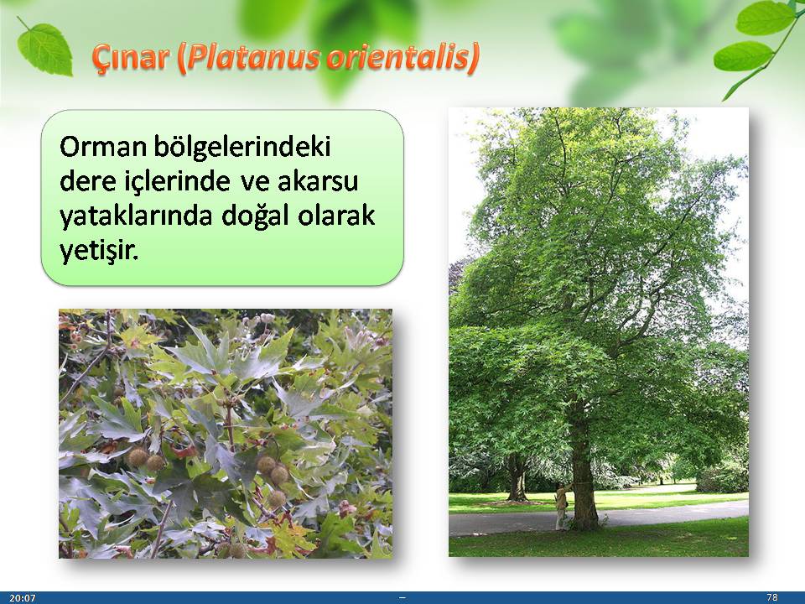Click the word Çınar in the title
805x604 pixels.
coord(131,58)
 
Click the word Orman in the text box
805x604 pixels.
coord(103,147)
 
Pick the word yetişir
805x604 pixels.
coord(99,252)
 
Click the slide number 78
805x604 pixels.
coord(771,597)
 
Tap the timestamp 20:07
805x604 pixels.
coord(23,598)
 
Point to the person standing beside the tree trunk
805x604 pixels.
coord(561,508)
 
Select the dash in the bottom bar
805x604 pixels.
coord(402,597)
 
